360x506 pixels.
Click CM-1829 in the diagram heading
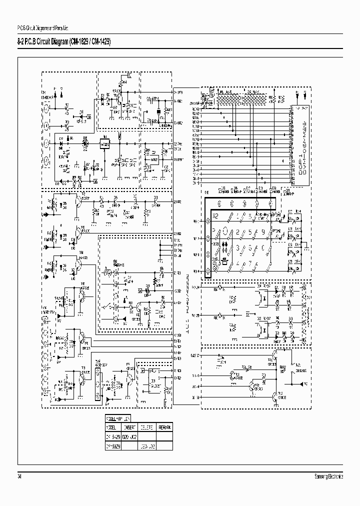pyautogui.click(x=80, y=42)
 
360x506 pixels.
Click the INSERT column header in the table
pyautogui.click(x=129, y=427)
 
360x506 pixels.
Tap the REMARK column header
pyautogui.click(x=164, y=427)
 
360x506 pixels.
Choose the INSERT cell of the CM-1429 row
pyautogui.click(x=129, y=436)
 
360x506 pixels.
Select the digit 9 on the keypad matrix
pyautogui.click(x=262, y=232)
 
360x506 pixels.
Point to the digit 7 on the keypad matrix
pyautogui.click(x=249, y=263)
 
